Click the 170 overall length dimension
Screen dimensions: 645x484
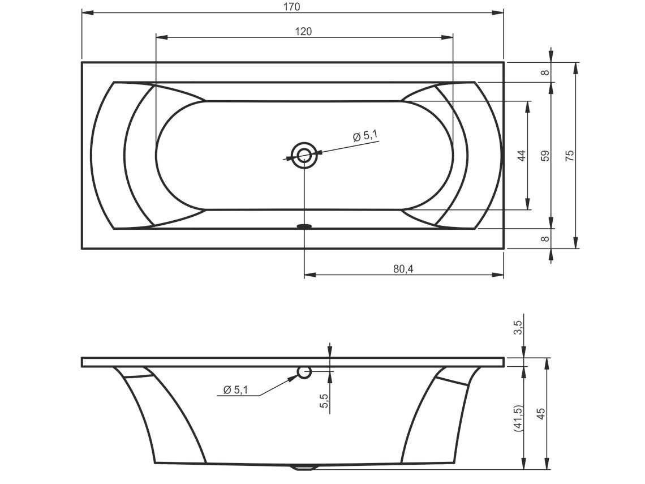coord(291,7)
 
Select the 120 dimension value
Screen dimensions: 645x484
coord(304,31)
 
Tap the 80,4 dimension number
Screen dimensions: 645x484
coord(403,269)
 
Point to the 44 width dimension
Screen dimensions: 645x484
coord(522,156)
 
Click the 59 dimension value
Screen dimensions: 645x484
coord(545,156)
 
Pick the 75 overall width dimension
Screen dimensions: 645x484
coord(569,156)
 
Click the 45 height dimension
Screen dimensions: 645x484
coord(541,413)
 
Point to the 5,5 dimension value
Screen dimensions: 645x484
coord(324,400)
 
